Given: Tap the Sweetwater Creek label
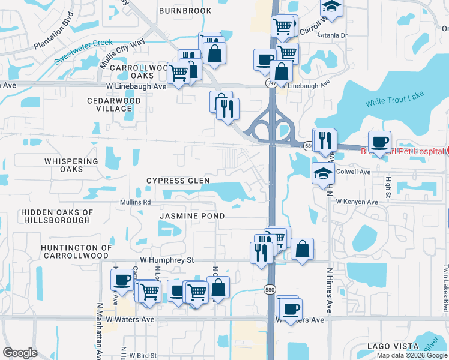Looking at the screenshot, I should point(83,52).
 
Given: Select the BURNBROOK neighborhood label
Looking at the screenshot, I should point(185,11).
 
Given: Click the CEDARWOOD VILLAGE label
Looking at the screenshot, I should point(113,104).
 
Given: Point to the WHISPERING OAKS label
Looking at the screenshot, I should point(71,165).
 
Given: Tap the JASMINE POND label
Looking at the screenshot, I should point(192,215).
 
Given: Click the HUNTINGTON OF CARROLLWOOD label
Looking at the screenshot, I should point(76,251).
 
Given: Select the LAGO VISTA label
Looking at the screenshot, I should point(393,346).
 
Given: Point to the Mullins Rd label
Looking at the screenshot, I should point(135,202).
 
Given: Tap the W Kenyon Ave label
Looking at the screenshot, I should point(357,202).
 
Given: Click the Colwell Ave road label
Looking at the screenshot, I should point(355,172).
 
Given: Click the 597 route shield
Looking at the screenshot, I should point(271,84).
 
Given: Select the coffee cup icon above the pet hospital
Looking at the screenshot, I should point(379,142).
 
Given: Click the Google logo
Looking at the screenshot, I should point(20,353).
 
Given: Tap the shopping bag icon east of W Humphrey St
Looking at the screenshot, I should point(302,248).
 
